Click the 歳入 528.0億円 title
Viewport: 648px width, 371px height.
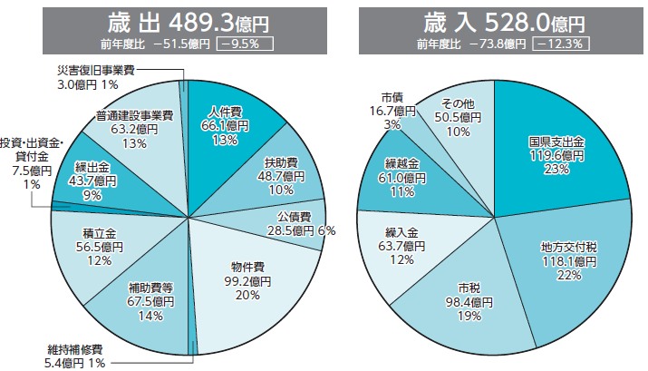pos(495,19)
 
